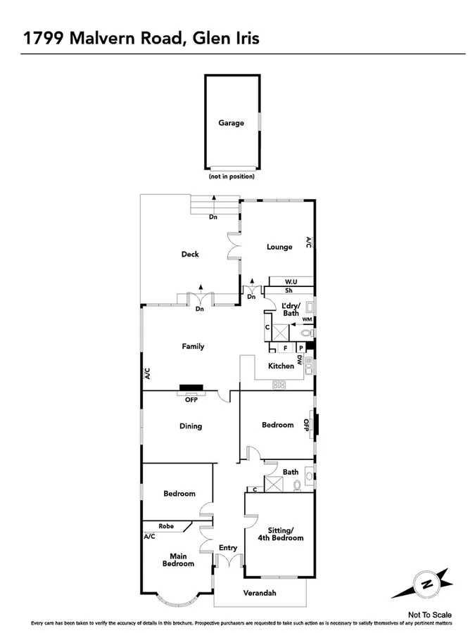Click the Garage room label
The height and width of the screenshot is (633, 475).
pos(231,122)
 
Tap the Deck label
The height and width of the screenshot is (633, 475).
pos(190,254)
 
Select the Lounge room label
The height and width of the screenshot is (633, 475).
pos(279,247)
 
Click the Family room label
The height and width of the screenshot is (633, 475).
pos(193,346)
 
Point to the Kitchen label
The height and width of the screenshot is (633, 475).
pos(280,366)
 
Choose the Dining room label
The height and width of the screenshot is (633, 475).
pos(190,426)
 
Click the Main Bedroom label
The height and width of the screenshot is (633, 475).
pos(178,559)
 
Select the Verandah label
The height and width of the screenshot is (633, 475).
pos(260,593)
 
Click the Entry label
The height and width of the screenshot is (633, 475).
pos(228,548)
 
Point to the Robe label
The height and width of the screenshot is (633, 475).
pos(166,525)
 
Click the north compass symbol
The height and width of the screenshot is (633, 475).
pos(426,583)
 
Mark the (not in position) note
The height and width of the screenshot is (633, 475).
pos(231,177)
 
